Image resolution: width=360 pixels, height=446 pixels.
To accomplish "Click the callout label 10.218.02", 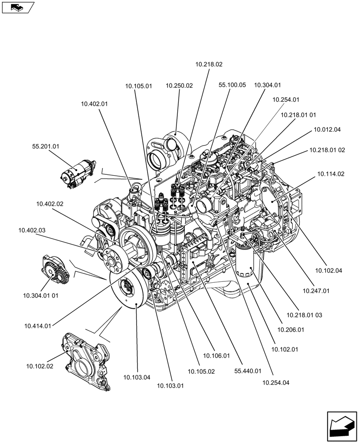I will tap(209, 64).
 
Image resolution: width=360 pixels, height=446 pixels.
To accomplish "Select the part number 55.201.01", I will tap(46, 146).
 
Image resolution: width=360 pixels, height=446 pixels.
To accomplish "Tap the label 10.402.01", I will tap(94, 103).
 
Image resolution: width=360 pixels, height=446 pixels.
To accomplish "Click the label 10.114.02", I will tap(331, 173).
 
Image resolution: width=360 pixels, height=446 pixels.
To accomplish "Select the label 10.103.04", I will tap(137, 377).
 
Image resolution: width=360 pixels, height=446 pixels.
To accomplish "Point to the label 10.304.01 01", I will tap(41, 295).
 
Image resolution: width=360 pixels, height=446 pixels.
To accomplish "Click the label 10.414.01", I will tap(38, 326).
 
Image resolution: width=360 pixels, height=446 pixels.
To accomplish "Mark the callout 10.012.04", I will tap(327, 130).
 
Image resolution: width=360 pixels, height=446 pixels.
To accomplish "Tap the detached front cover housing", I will tap(86, 361).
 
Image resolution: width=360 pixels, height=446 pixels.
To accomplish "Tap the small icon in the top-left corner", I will tap(18, 7).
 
